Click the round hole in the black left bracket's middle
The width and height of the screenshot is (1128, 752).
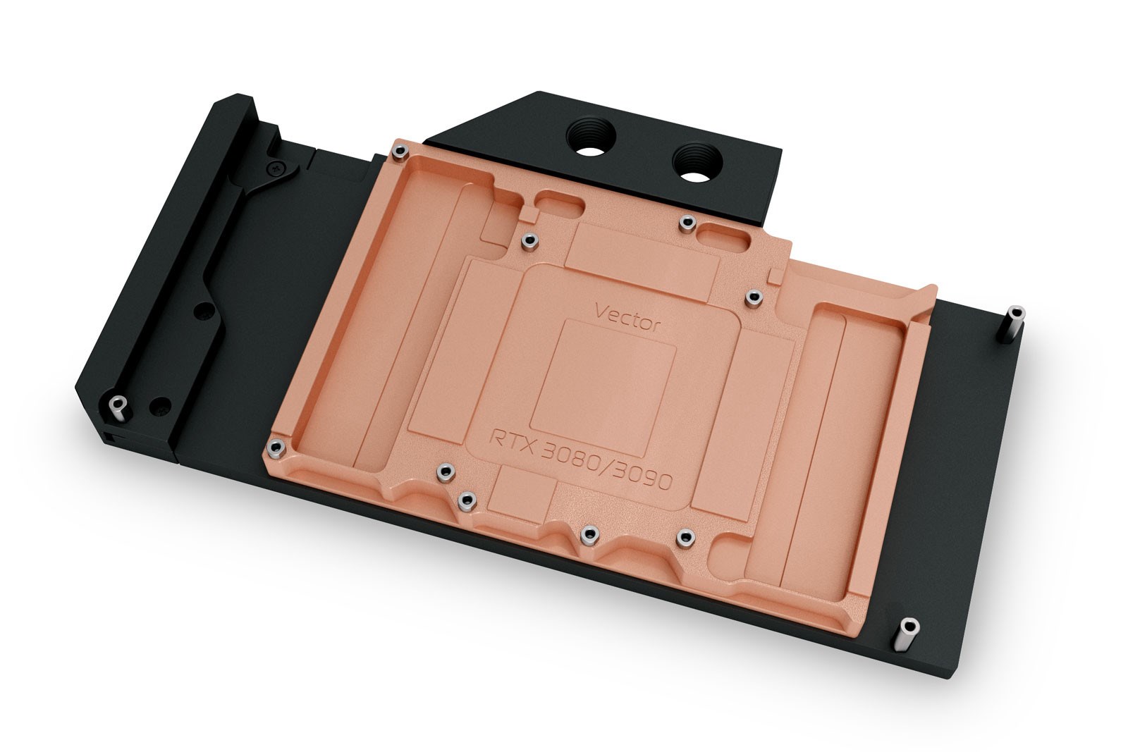click(x=203, y=309)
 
